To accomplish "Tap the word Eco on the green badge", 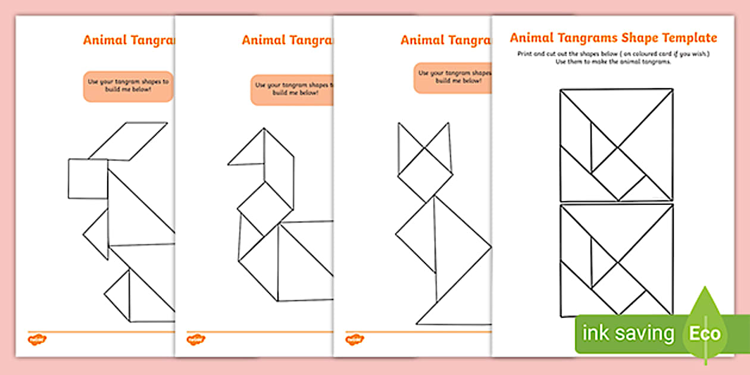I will point(705,333).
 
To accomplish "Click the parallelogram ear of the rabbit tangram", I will point(128,141).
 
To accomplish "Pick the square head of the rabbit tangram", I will point(87,179).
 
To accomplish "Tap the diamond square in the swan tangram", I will point(265,208).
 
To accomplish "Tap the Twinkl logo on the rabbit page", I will point(37,339).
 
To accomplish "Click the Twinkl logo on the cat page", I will point(354,339).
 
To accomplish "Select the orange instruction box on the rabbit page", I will point(128,86).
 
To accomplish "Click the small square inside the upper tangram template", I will point(619,173).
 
